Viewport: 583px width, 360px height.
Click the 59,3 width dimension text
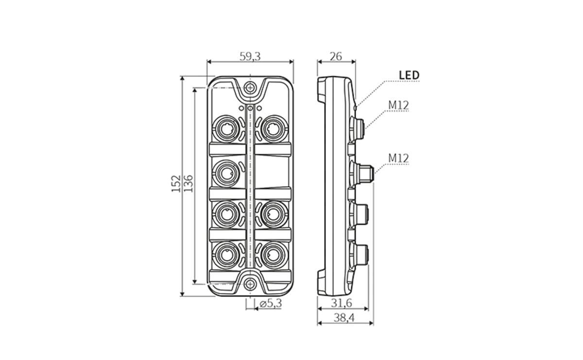250,56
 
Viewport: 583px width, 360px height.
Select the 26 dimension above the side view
336,56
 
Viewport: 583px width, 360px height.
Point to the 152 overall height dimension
176,184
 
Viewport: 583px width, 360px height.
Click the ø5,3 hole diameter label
271,304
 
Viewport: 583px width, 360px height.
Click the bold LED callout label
409,75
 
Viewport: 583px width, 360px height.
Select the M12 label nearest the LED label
398,104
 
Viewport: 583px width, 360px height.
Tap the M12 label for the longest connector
398,158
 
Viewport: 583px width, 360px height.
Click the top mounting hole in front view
250,88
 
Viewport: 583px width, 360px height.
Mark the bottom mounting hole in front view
250,284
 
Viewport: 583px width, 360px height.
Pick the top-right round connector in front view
274,128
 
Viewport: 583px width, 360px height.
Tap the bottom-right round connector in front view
274,254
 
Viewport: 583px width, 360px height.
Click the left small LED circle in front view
241,108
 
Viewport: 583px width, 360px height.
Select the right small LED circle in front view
259,108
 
